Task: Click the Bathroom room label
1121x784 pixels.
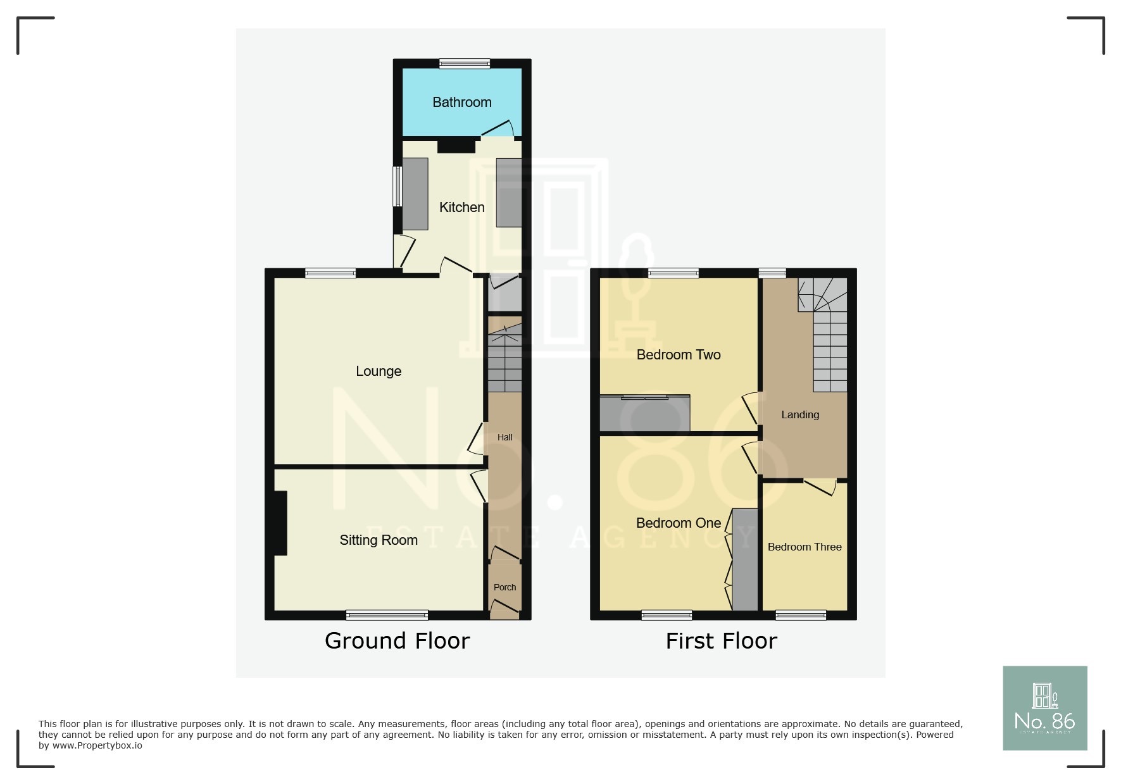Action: pyautogui.click(x=461, y=103)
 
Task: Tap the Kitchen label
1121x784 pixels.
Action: pyautogui.click(x=461, y=208)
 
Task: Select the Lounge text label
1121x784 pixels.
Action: pyautogui.click(x=379, y=371)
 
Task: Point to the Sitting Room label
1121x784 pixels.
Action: pyautogui.click(x=379, y=540)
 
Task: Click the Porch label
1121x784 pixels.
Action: pyautogui.click(x=504, y=587)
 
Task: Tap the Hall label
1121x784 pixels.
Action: pyautogui.click(x=504, y=437)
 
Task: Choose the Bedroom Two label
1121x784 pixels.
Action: pyautogui.click(x=679, y=355)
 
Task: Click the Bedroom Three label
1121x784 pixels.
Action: pyautogui.click(x=805, y=547)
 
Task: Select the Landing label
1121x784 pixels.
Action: pyautogui.click(x=800, y=415)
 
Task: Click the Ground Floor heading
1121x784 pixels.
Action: pyautogui.click(x=397, y=641)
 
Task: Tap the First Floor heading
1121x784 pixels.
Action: pyautogui.click(x=721, y=641)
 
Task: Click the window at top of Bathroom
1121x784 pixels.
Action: pyautogui.click(x=465, y=63)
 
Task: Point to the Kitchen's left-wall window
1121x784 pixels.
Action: pyautogui.click(x=397, y=186)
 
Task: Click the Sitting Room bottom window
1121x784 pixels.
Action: pyautogui.click(x=387, y=614)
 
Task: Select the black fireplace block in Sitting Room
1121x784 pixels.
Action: pyautogui.click(x=280, y=523)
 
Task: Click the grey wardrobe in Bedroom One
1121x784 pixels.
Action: pyautogui.click(x=745, y=559)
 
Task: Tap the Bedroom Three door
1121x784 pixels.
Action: pyautogui.click(x=820, y=487)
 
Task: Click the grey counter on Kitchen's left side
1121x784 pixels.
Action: pyautogui.click(x=415, y=194)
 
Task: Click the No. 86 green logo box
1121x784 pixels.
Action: pyautogui.click(x=1044, y=708)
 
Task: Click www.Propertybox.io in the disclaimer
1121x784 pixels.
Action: pyautogui.click(x=97, y=746)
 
